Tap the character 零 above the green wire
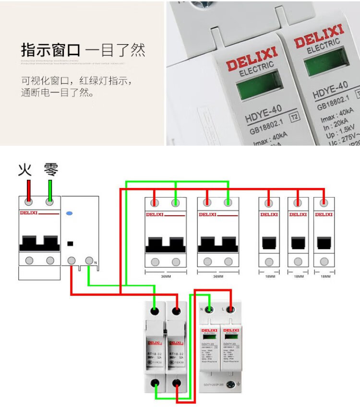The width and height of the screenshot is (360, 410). [x=50, y=170]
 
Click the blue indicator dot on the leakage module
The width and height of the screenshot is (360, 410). [x=70, y=213]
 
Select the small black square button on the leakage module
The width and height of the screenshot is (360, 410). [x=70, y=243]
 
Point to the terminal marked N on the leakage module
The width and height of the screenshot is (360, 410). [x=89, y=261]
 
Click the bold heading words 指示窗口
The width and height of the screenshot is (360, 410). [x=50, y=50]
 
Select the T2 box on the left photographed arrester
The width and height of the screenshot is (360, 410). [x=292, y=116]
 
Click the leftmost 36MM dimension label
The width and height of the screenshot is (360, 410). [x=166, y=277]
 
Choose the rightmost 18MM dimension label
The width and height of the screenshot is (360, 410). [x=324, y=277]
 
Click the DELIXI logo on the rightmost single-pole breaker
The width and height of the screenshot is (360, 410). [x=324, y=214]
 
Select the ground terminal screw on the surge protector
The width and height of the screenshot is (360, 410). [x=232, y=384]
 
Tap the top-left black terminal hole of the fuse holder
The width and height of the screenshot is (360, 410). [x=155, y=312]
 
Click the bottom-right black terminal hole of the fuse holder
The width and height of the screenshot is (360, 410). [x=177, y=384]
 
